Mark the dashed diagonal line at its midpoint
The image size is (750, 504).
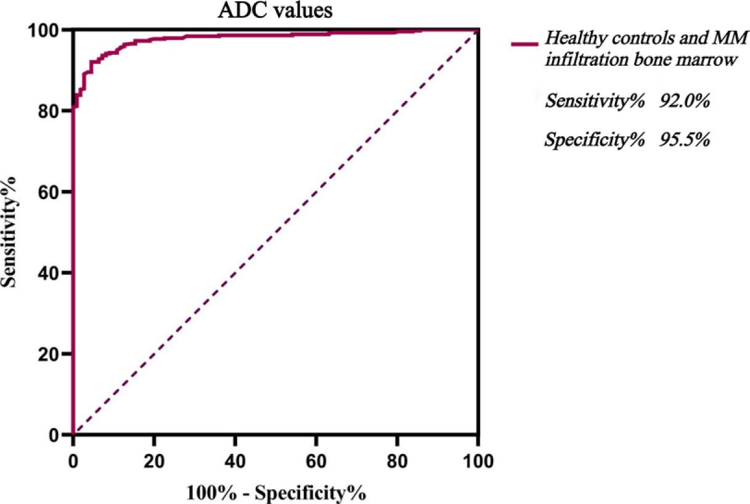pos(275,232)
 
